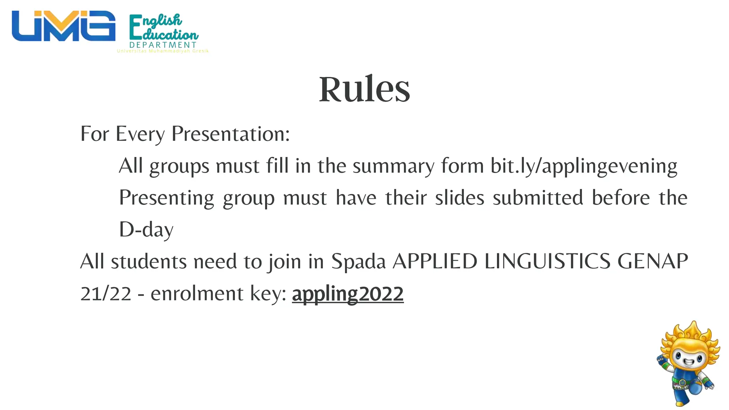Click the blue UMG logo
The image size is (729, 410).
[x=63, y=26]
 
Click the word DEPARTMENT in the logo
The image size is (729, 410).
[x=163, y=45]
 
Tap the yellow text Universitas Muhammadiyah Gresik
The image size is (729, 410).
[x=163, y=51]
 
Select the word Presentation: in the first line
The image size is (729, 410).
[x=231, y=134]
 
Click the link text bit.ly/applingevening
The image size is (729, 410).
[x=584, y=166]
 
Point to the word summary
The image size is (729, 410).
[x=393, y=166]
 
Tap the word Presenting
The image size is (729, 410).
[x=166, y=198]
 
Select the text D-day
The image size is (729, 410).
[x=146, y=230]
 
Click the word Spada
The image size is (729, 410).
[x=358, y=262]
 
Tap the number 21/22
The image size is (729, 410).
[x=106, y=294]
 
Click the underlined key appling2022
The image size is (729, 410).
[x=347, y=294]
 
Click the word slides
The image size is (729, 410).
[x=460, y=198]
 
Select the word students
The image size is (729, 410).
[x=148, y=262]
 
